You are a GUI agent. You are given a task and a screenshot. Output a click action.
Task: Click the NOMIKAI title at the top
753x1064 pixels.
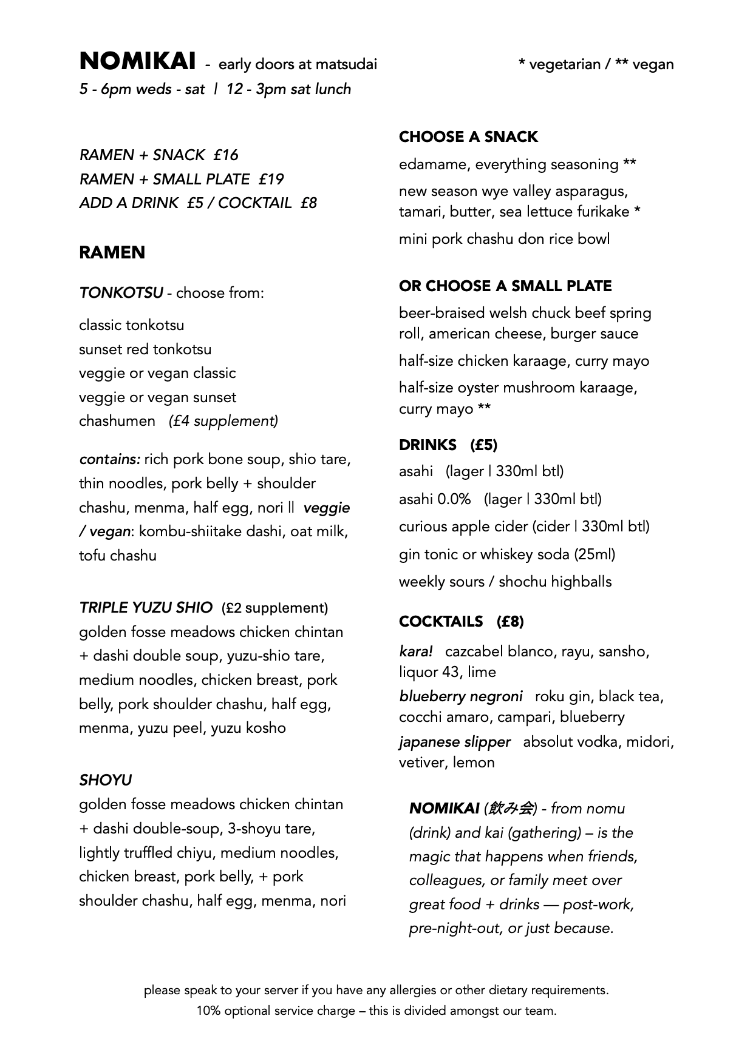[137, 62]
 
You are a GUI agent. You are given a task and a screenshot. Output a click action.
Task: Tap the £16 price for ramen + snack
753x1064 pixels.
[226, 155]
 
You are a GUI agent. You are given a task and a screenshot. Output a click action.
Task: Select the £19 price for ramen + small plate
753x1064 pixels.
[271, 180]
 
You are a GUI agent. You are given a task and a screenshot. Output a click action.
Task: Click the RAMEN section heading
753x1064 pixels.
[112, 252]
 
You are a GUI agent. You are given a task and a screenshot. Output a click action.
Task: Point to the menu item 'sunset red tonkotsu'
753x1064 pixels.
[145, 349]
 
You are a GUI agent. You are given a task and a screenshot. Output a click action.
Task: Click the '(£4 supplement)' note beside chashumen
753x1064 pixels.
[223, 421]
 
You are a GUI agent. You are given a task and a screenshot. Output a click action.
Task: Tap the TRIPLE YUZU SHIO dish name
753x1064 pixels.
[146, 608]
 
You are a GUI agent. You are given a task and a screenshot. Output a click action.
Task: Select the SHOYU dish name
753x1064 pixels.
[105, 780]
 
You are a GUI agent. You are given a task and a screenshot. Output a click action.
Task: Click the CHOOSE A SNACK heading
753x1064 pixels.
[468, 137]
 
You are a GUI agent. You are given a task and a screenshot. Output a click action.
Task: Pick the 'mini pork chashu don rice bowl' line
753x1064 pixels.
[504, 239]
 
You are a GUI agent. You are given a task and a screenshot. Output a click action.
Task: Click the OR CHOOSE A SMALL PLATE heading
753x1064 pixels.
[505, 286]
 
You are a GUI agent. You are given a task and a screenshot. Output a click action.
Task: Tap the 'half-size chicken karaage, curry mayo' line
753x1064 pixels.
[523, 361]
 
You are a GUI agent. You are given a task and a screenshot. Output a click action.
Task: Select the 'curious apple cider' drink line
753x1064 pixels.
[523, 527]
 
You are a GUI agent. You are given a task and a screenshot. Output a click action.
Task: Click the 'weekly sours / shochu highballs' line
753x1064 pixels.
[505, 582]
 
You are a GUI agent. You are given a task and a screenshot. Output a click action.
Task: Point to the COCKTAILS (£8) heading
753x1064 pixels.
[461, 622]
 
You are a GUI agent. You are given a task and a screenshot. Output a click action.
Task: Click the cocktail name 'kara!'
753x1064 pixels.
[416, 652]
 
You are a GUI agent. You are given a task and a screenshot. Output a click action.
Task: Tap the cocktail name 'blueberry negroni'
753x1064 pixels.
[460, 696]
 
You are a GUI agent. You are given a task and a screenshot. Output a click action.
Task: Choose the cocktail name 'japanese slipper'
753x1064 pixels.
[454, 742]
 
